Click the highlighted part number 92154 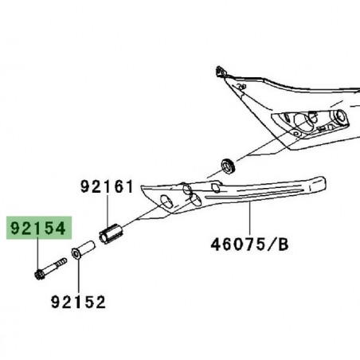pyautogui.click(x=40, y=229)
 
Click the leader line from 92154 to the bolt pyautogui.click(x=39, y=255)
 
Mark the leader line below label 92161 pyautogui.click(x=108, y=211)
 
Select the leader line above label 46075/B pyautogui.click(x=249, y=220)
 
